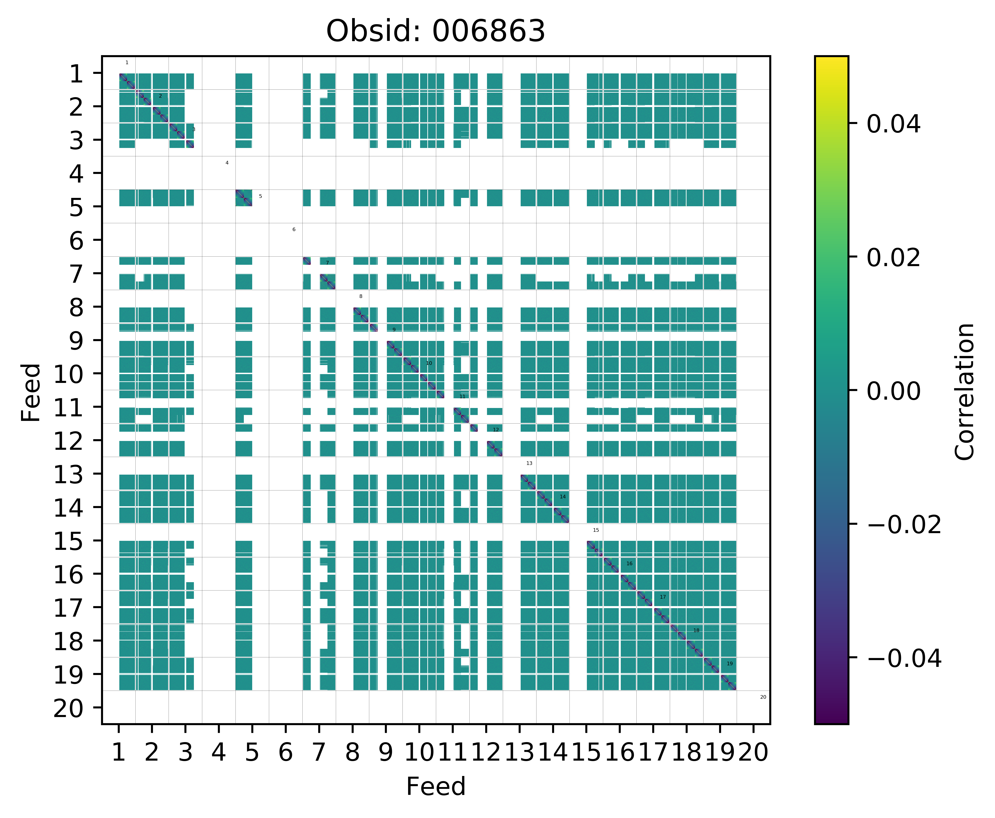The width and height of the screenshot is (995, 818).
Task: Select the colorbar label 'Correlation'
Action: [964, 391]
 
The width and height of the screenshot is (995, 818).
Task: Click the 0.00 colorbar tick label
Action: [893, 391]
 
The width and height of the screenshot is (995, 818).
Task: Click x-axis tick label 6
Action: [285, 752]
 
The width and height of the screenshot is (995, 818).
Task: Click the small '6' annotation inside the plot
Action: [294, 230]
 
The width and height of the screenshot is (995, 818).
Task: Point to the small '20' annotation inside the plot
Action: [763, 697]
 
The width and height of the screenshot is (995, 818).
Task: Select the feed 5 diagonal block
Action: [244, 198]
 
